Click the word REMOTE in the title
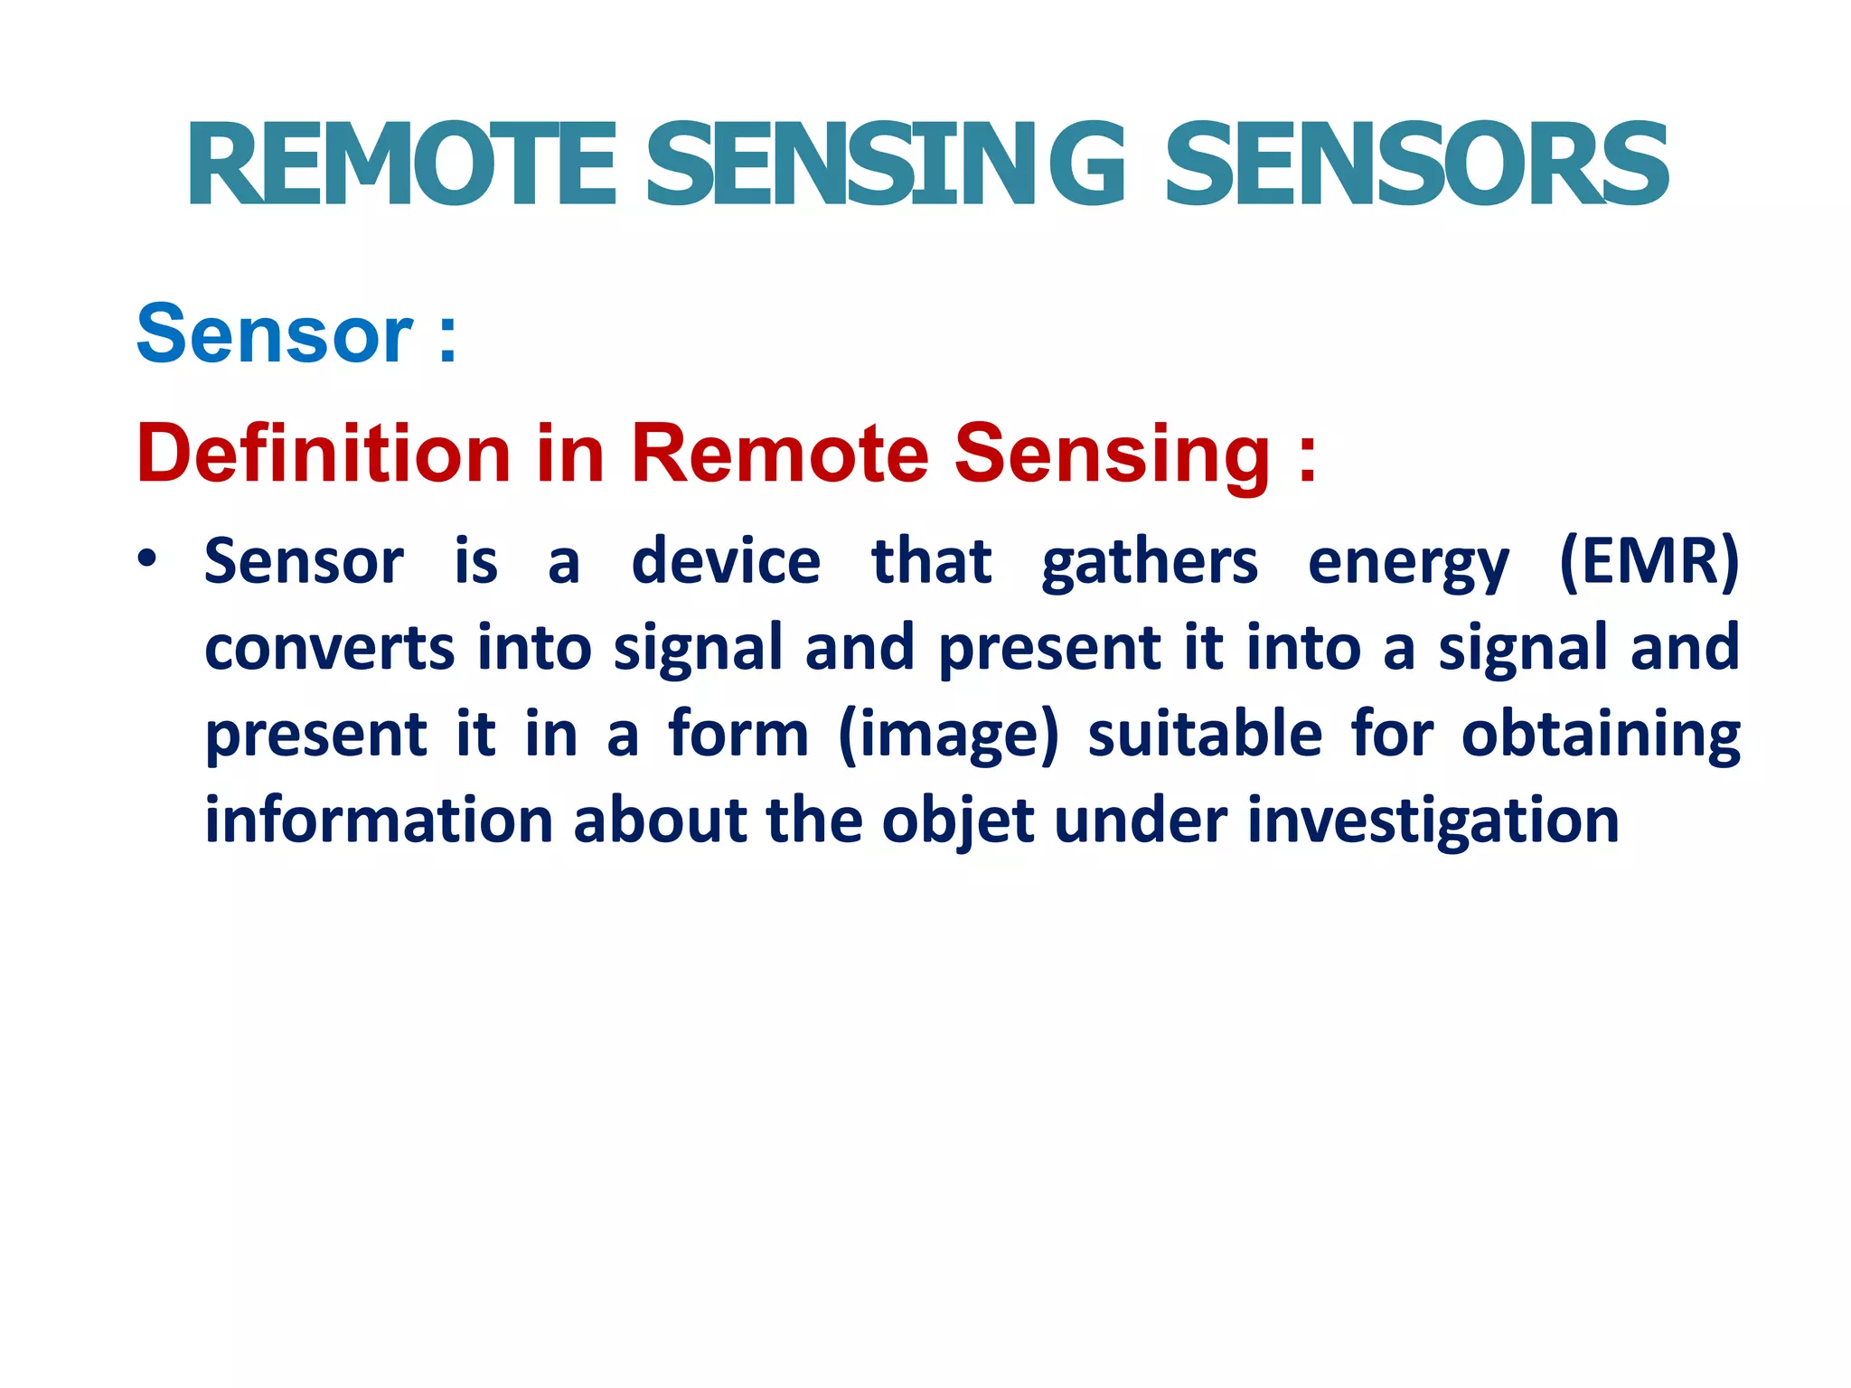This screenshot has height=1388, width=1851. [x=402, y=165]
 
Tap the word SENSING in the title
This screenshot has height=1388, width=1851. [x=886, y=165]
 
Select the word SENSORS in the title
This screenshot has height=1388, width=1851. [x=1416, y=165]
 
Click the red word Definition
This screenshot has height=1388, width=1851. [x=324, y=454]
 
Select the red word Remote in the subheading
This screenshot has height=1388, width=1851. [x=779, y=454]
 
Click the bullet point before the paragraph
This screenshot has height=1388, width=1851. [x=147, y=558]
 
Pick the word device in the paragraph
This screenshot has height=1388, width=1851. [x=726, y=562]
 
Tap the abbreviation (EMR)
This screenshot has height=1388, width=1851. [x=1649, y=562]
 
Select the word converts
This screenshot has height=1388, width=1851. [x=329, y=649]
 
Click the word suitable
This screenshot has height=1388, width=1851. [x=1205, y=734]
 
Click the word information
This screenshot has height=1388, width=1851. [x=379, y=821]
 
